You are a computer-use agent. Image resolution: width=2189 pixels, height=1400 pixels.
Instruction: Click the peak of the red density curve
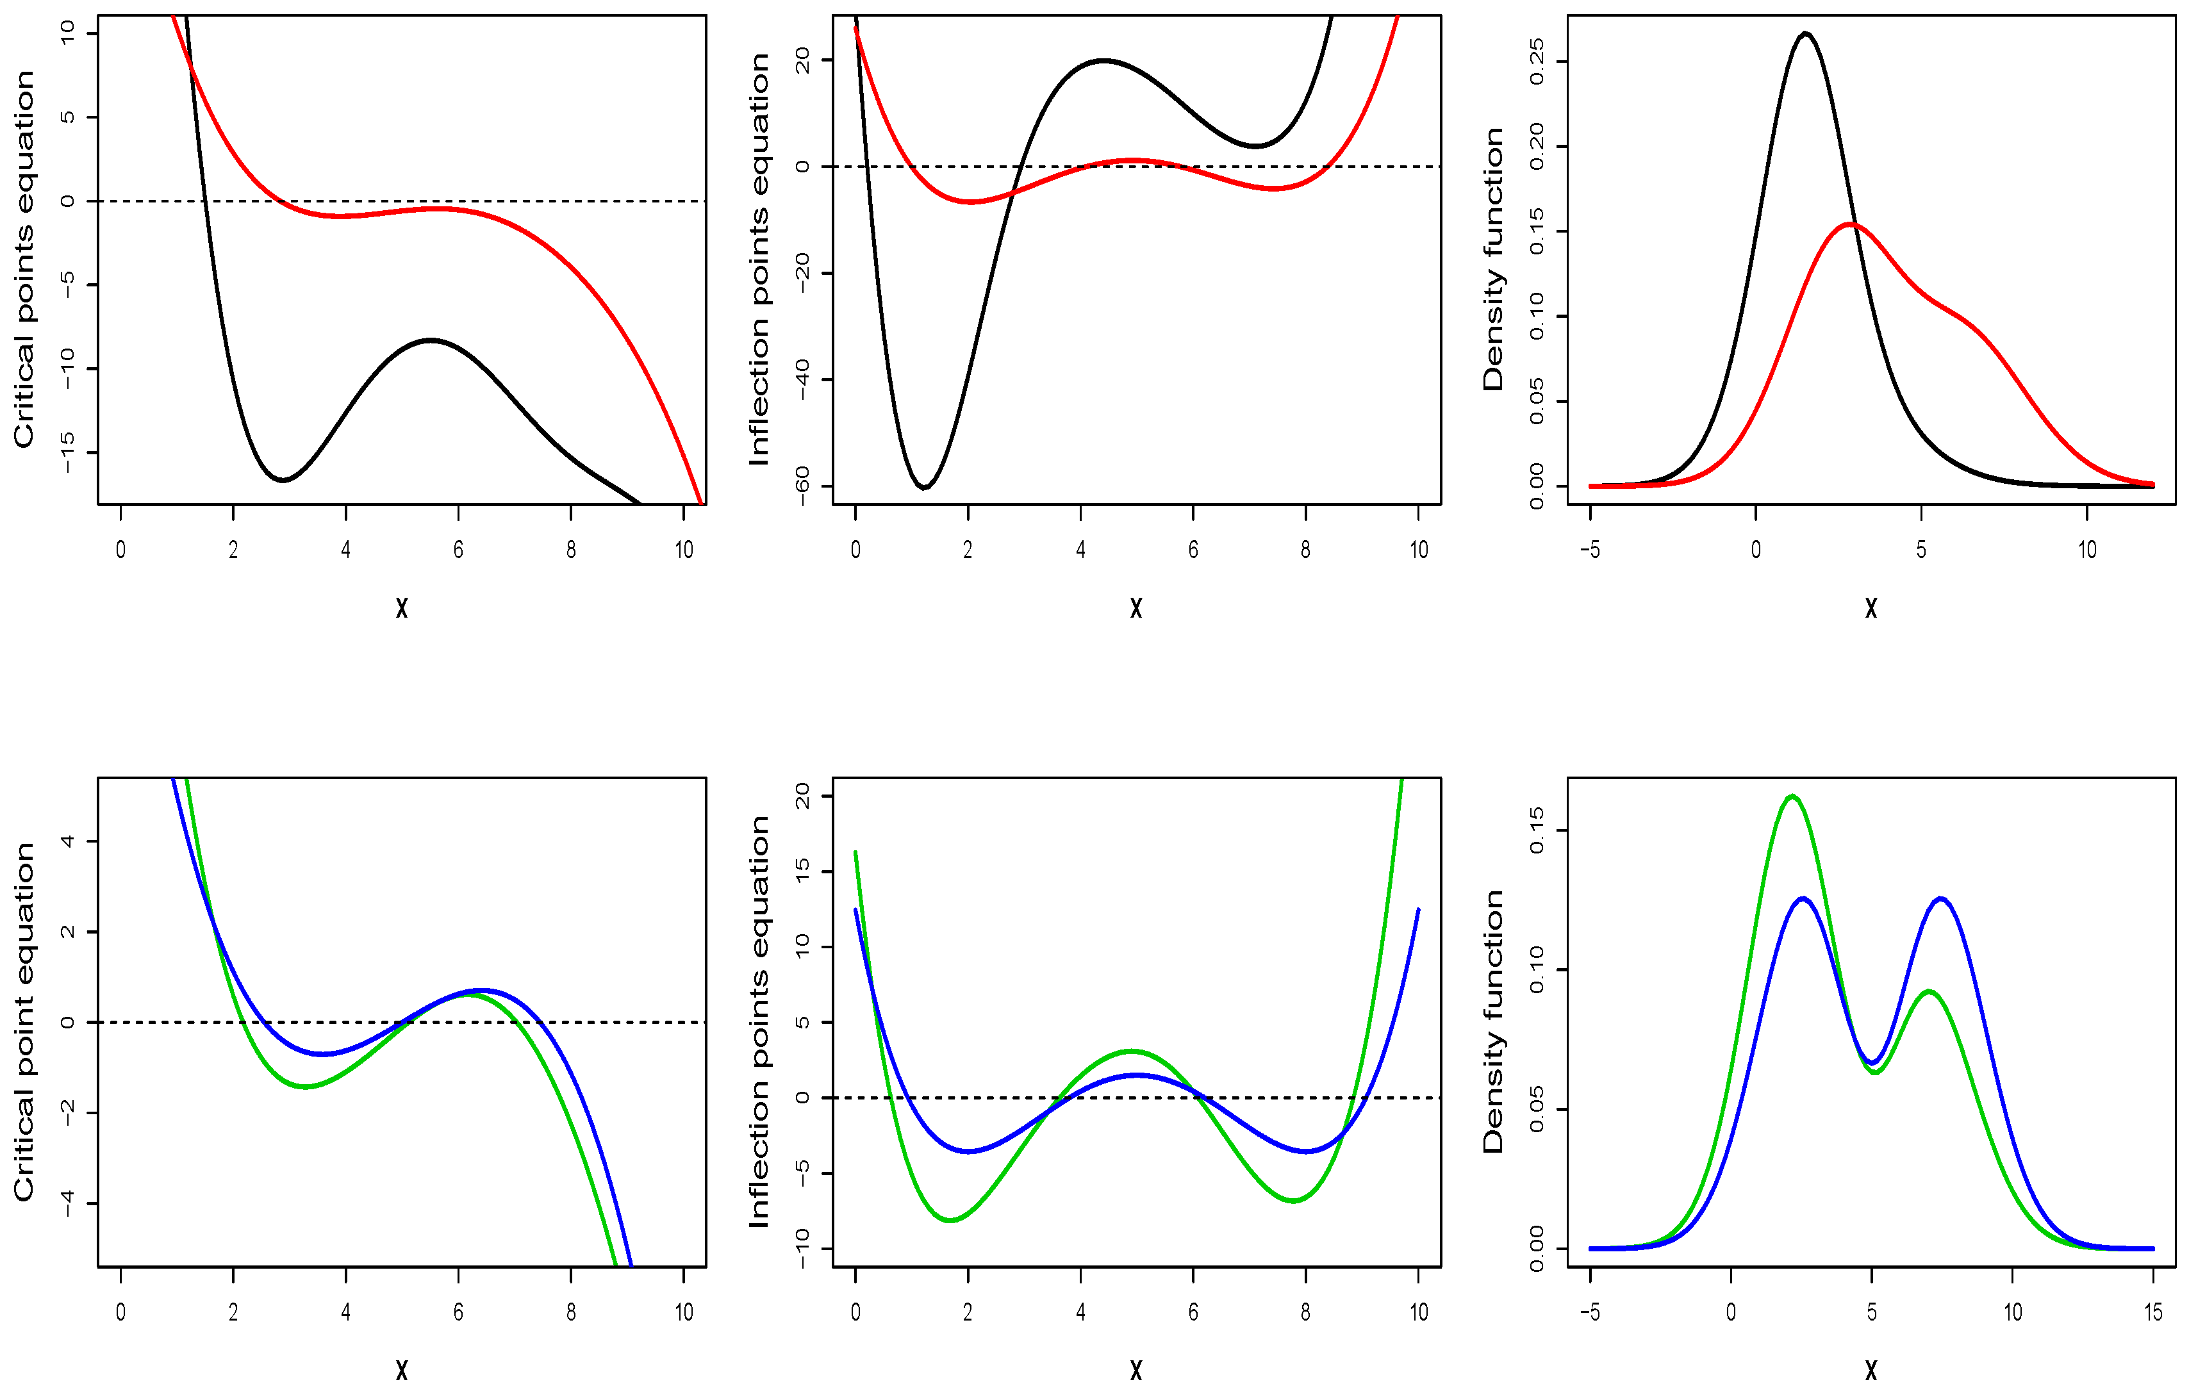pyautogui.click(x=1851, y=224)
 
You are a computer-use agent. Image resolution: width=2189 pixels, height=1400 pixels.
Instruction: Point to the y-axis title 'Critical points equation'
pyautogui.click(x=24, y=259)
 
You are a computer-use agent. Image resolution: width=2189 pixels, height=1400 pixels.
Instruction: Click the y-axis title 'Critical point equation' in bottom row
pyautogui.click(x=24, y=1022)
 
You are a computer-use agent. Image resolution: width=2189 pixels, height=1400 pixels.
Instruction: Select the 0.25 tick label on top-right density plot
pyautogui.click(x=1536, y=62)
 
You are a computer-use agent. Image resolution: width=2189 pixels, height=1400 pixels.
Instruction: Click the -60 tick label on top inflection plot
pyautogui.click(x=802, y=486)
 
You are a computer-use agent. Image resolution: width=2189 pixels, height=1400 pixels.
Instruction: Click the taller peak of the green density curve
pyautogui.click(x=1792, y=796)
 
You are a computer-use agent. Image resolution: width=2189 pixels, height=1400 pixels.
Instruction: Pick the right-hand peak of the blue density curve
pyautogui.click(x=1941, y=898)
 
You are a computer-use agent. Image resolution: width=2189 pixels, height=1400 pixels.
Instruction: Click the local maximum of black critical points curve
pyautogui.click(x=431, y=340)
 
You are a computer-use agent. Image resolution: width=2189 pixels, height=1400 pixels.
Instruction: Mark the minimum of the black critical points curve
pyautogui.click(x=284, y=480)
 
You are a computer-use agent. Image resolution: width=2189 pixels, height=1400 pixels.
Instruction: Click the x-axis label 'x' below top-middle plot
pyautogui.click(x=1136, y=608)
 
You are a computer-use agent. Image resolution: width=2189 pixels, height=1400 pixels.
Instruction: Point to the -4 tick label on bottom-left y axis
pyautogui.click(x=67, y=1204)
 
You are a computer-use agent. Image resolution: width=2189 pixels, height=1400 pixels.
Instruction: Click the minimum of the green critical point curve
pyautogui.click(x=306, y=1087)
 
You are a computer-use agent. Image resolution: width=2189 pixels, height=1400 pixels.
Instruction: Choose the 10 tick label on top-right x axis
pyautogui.click(x=2087, y=550)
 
